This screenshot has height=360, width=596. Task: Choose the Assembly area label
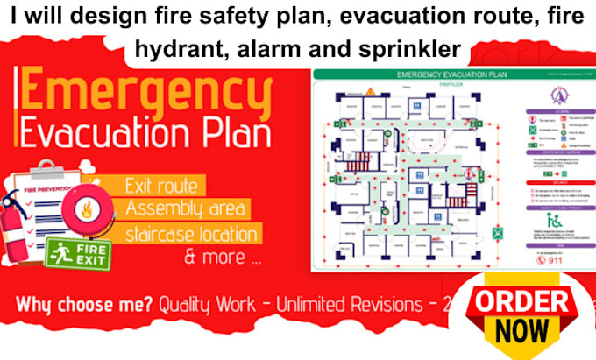point(187,209)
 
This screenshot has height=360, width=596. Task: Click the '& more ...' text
point(221,258)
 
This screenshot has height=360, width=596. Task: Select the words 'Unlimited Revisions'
point(345,306)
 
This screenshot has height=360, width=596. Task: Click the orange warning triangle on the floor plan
point(371,91)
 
